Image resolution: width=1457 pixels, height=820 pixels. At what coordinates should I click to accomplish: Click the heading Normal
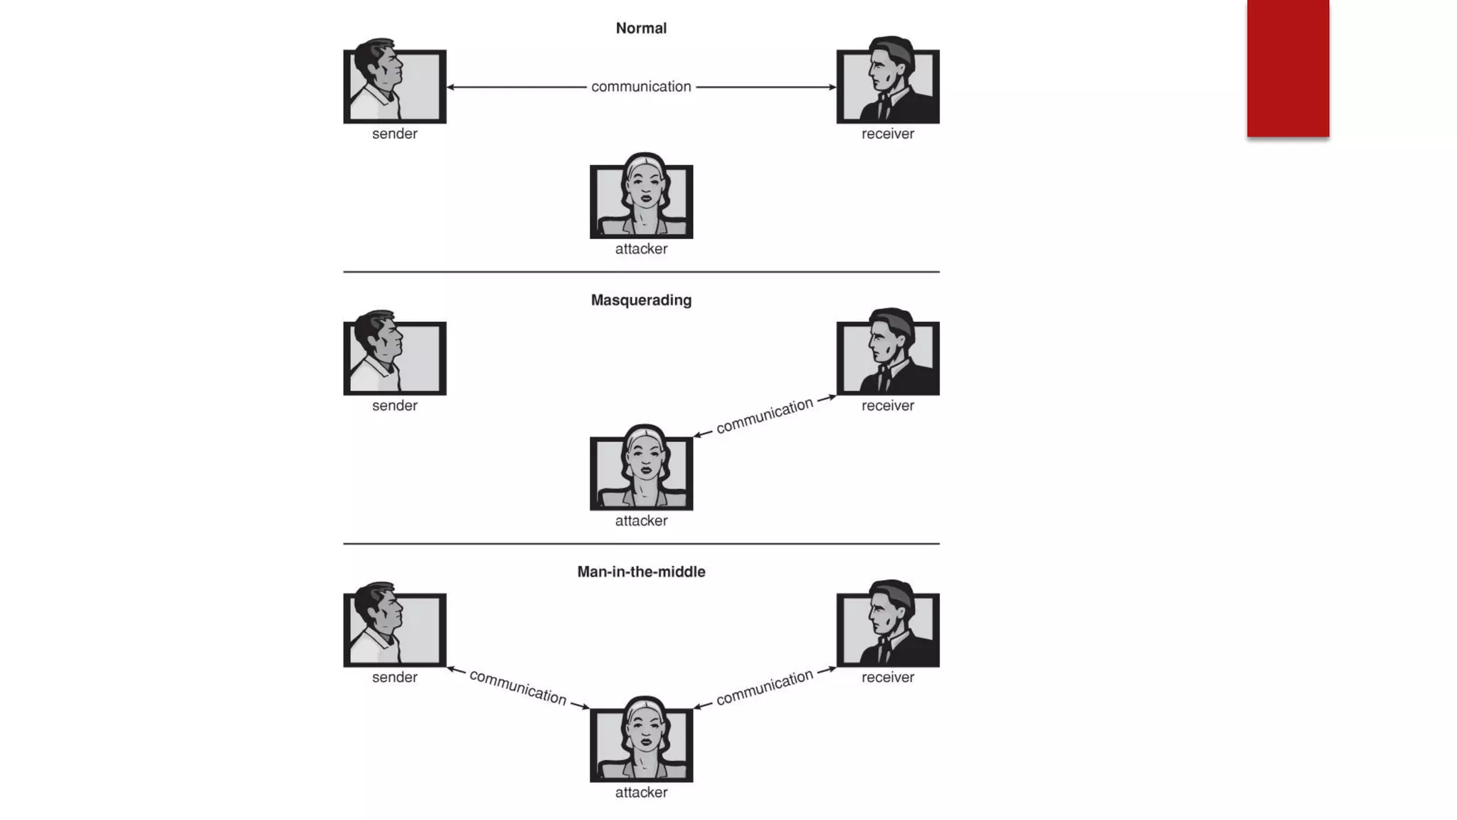[x=641, y=28]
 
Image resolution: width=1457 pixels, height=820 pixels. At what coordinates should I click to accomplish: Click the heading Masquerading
[x=641, y=300]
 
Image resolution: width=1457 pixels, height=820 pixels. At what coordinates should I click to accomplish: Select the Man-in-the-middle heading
[x=641, y=572]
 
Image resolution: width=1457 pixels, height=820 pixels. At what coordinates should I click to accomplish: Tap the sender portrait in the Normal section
[x=395, y=83]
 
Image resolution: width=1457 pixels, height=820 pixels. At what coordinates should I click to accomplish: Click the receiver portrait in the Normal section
[x=888, y=83]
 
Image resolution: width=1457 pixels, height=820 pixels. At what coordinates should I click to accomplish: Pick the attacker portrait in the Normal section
[x=641, y=198]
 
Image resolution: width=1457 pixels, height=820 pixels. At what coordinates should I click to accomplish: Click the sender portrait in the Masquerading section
[x=395, y=354]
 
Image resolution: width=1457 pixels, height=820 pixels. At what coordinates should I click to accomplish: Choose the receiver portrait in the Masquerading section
[x=888, y=354]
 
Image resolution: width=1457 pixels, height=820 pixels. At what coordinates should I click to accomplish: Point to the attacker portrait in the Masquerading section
[x=641, y=470]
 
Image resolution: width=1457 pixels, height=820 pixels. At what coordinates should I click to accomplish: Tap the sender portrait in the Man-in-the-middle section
[x=395, y=626]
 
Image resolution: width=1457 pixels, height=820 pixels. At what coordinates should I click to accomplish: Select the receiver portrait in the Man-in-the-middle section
[x=888, y=626]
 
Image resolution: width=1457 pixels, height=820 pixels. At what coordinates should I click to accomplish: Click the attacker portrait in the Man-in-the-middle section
[x=641, y=742]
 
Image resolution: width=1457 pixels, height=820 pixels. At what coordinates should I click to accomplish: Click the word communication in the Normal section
[x=641, y=87]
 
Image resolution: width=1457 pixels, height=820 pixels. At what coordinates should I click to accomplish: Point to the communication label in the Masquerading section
[x=765, y=416]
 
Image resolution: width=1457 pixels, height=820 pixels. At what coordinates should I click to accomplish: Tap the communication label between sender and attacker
[x=518, y=688]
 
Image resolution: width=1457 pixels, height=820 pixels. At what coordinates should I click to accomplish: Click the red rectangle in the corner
[x=1288, y=68]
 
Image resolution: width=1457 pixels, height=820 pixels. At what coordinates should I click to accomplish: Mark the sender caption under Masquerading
[x=395, y=406]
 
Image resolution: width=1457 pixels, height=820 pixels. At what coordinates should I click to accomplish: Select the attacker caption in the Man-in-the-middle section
[x=641, y=793]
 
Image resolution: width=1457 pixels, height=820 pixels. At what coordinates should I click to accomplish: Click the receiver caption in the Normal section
[x=888, y=134]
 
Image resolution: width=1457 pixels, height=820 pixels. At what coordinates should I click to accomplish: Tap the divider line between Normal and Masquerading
[x=641, y=272]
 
